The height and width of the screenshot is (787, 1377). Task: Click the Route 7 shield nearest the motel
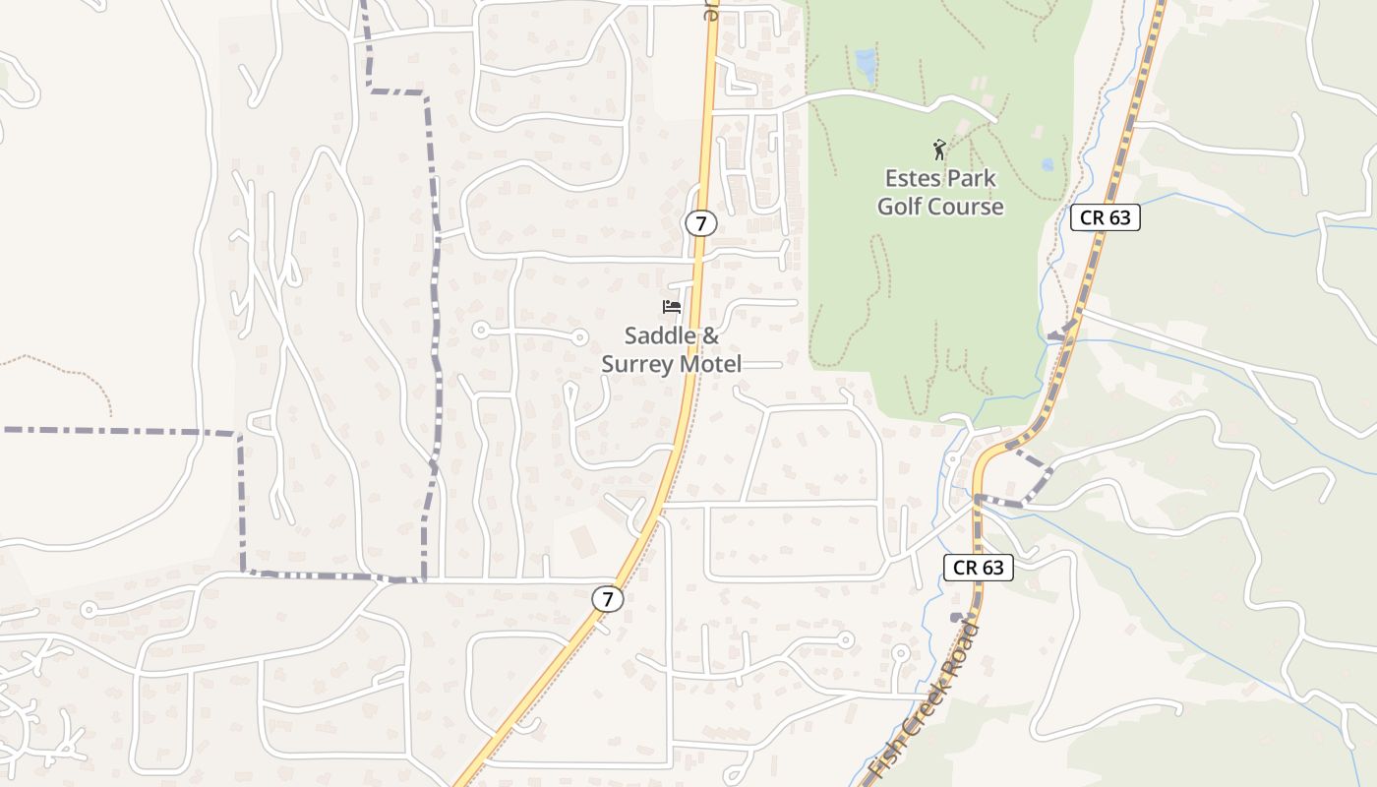(700, 223)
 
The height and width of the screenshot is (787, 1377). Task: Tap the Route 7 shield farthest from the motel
(608, 598)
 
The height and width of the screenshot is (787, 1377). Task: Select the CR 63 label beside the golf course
(1105, 217)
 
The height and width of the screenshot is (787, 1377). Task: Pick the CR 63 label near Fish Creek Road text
(979, 567)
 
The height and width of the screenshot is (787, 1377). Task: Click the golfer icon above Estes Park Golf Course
(939, 150)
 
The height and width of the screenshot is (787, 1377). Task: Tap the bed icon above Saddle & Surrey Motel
(672, 307)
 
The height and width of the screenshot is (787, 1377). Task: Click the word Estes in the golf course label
(912, 179)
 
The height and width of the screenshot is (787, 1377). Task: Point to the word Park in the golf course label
(971, 179)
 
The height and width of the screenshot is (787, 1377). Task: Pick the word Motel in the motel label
(706, 364)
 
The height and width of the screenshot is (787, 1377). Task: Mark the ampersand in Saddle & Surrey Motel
(710, 336)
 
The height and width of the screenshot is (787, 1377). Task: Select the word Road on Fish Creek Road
(961, 641)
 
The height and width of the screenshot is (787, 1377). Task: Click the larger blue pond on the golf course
(866, 65)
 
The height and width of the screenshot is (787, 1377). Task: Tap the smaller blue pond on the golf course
(1048, 164)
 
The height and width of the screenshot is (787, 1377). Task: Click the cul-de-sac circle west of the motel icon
(481, 330)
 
